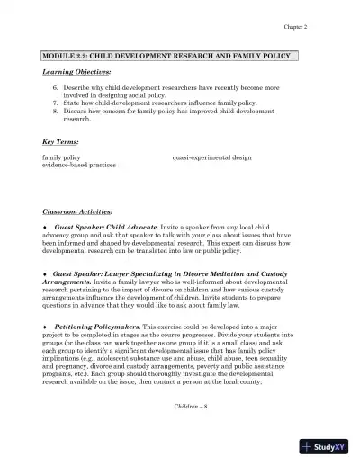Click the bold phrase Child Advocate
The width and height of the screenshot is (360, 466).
pyautogui.click(x=132, y=228)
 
